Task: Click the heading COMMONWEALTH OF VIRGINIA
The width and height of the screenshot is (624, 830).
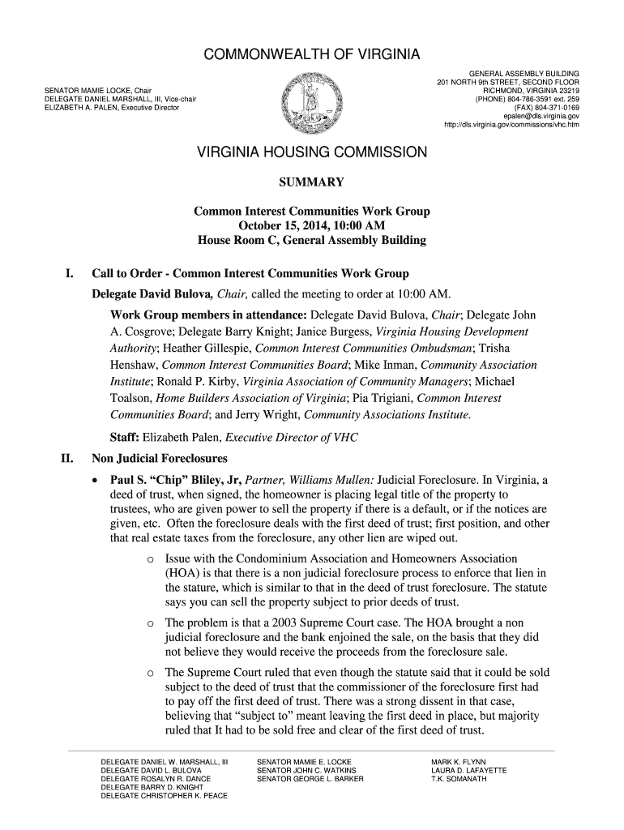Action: click(x=311, y=55)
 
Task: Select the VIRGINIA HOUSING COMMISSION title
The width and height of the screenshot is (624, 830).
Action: click(x=312, y=152)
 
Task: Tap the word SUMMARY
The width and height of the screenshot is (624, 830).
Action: click(x=311, y=182)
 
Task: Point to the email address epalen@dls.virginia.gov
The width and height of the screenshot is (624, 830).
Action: click(x=541, y=116)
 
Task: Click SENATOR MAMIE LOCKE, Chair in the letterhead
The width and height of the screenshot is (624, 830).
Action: click(x=98, y=90)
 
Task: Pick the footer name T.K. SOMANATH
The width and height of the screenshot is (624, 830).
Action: click(x=459, y=779)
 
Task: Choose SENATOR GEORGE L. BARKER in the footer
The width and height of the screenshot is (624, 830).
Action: click(x=310, y=779)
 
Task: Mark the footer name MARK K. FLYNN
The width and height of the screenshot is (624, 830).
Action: click(x=457, y=762)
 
